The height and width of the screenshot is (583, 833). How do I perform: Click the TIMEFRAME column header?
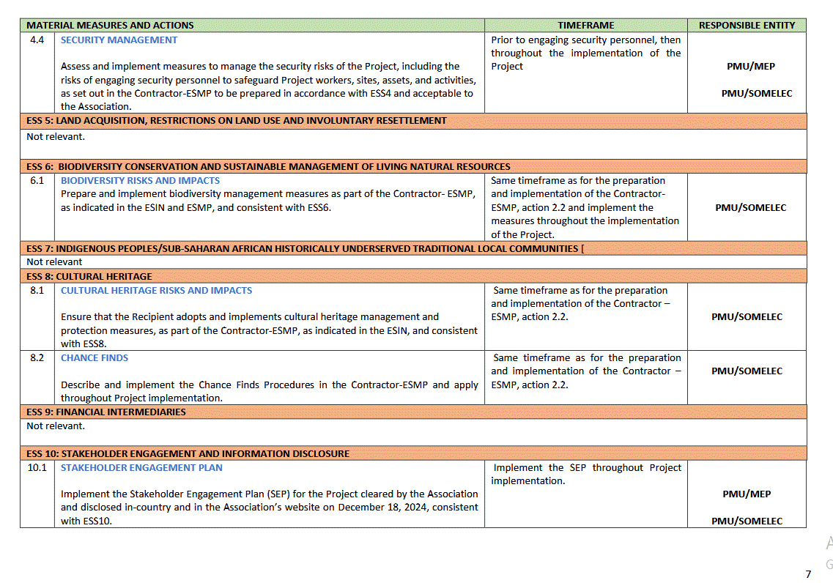pyautogui.click(x=585, y=25)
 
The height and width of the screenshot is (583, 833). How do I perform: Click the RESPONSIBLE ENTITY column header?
pyautogui.click(x=747, y=25)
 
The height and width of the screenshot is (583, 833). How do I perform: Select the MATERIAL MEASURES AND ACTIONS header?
pyautogui.click(x=110, y=25)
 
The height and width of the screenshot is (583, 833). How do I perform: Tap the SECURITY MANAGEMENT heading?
pyautogui.click(x=119, y=40)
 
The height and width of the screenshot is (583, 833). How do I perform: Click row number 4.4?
pyautogui.click(x=37, y=40)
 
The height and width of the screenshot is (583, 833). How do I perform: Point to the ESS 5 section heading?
pyautogui.click(x=237, y=120)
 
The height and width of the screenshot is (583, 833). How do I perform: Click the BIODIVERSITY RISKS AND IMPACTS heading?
pyautogui.click(x=140, y=180)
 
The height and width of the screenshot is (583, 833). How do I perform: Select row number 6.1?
pyautogui.click(x=37, y=180)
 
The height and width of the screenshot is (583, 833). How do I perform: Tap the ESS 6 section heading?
pyautogui.click(x=268, y=166)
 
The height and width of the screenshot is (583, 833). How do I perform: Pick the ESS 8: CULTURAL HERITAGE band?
pyautogui.click(x=89, y=276)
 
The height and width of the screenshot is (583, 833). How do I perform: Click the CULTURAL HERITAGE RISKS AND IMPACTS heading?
pyautogui.click(x=156, y=290)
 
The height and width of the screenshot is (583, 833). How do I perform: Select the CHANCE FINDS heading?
pyautogui.click(x=95, y=357)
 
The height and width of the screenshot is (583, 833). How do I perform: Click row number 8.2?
pyautogui.click(x=37, y=357)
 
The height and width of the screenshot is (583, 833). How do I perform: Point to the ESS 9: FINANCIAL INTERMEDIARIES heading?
pyautogui.click(x=106, y=412)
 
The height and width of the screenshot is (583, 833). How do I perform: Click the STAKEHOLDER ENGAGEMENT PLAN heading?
pyautogui.click(x=141, y=467)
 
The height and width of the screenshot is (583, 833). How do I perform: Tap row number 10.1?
pyautogui.click(x=37, y=467)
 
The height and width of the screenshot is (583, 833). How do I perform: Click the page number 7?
pyautogui.click(x=808, y=573)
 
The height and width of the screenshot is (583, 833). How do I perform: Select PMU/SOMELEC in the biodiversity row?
pyautogui.click(x=750, y=207)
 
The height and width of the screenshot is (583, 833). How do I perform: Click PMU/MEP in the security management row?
pyautogui.click(x=747, y=66)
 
